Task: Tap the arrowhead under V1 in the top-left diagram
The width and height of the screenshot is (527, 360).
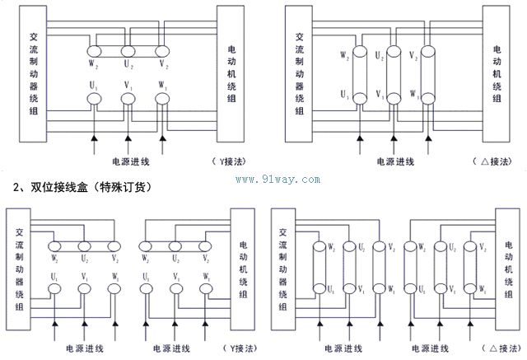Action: [x=128, y=135]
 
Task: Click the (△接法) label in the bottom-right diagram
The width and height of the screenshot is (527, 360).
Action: [x=501, y=348]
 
